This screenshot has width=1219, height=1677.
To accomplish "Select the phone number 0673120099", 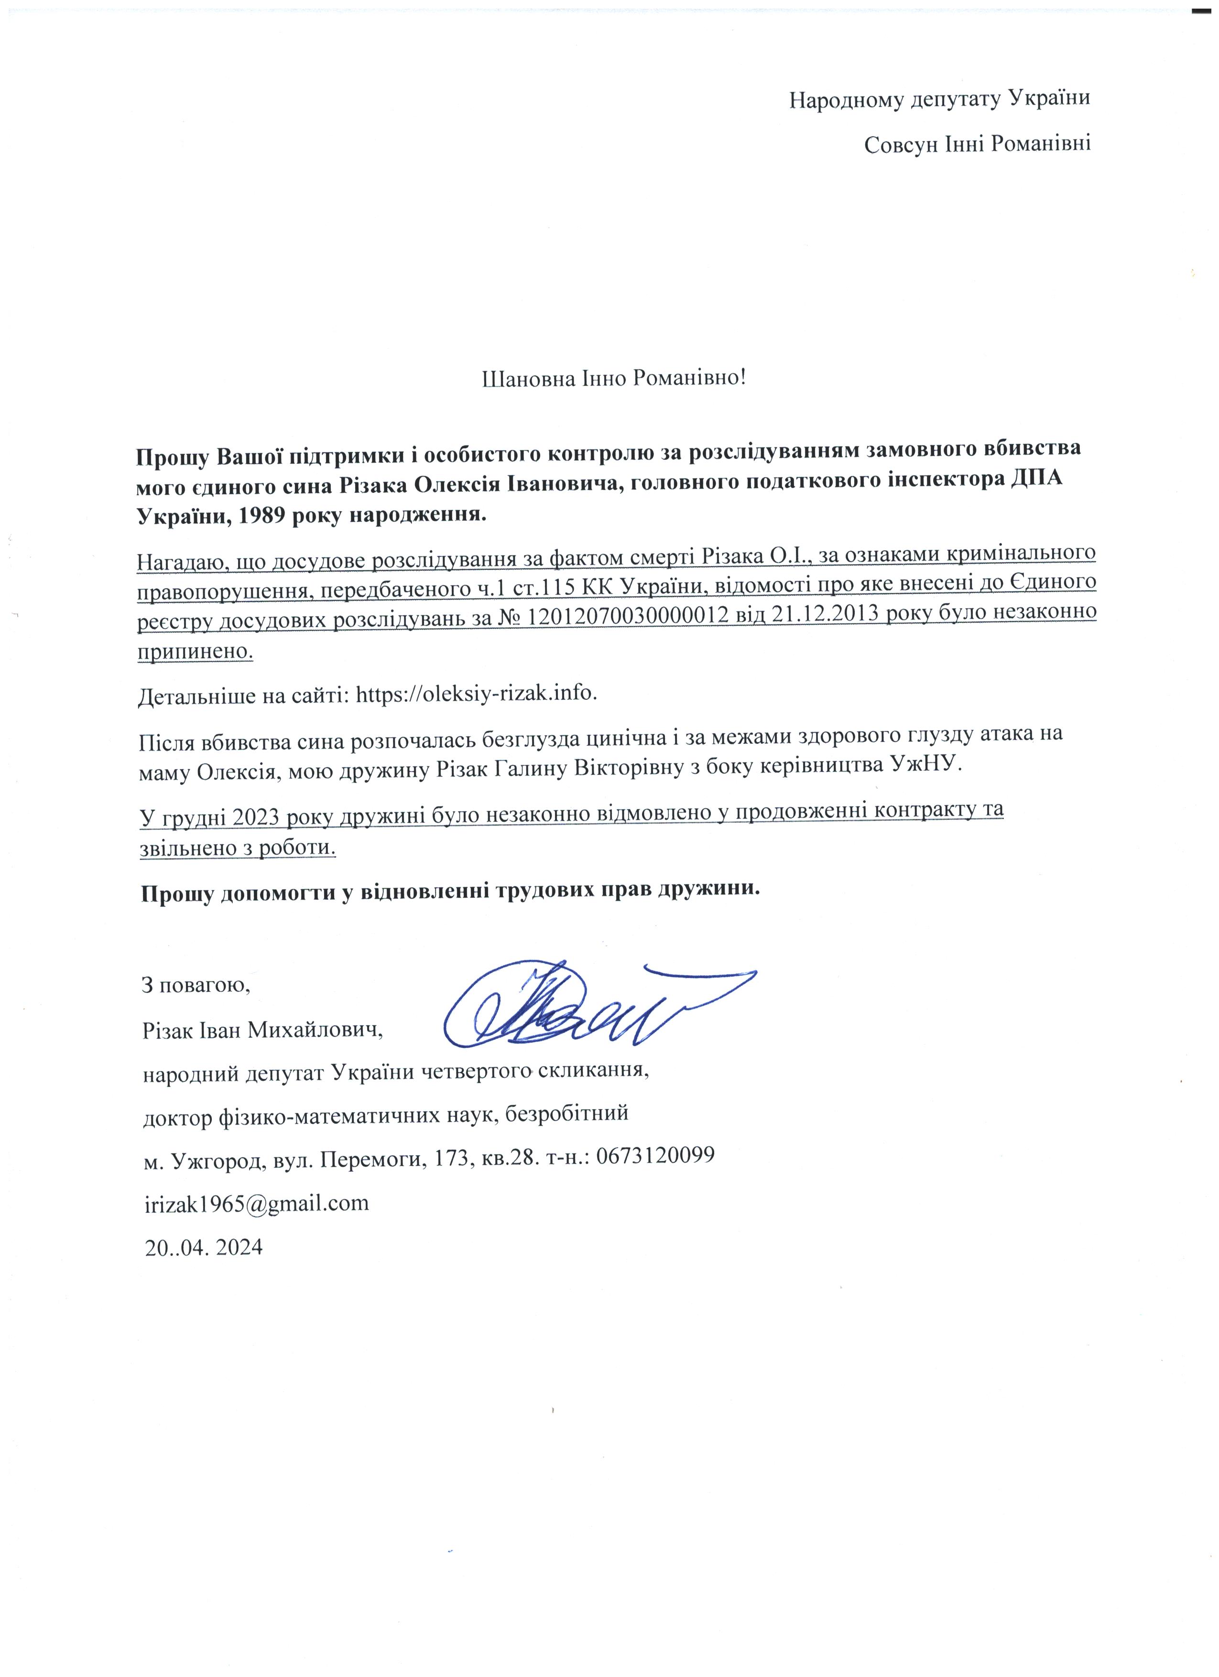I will (654, 1155).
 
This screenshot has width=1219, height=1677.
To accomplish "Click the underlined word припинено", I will (195, 652).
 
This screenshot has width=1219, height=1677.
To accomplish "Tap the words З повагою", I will (196, 985).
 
